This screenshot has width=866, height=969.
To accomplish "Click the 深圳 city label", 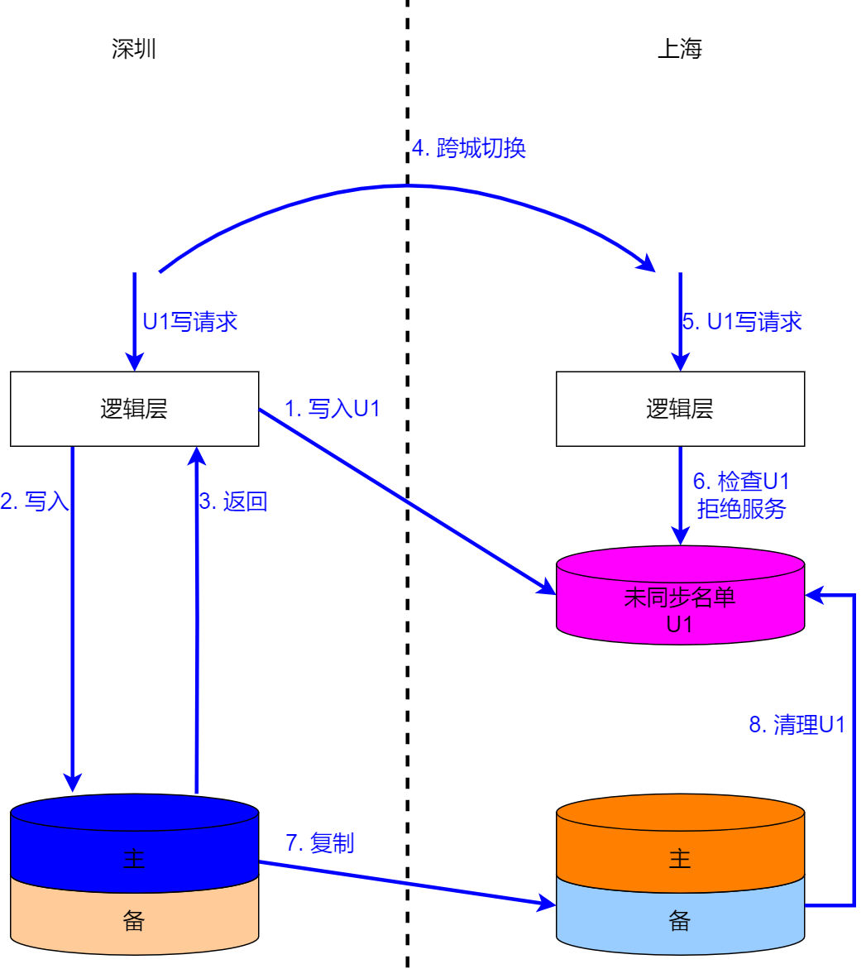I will click(x=134, y=50).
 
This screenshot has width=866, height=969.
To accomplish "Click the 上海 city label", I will click(x=679, y=50).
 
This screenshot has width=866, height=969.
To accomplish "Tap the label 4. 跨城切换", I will click(x=469, y=148).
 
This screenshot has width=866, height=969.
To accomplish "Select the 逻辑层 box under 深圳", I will click(x=134, y=409).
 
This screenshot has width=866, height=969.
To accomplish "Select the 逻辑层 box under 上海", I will click(x=679, y=409).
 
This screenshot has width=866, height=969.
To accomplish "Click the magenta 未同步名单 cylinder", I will click(x=679, y=600).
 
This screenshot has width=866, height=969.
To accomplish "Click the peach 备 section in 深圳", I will click(x=134, y=920).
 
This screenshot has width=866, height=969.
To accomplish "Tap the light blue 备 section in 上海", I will click(x=679, y=920).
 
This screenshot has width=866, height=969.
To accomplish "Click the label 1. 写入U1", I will click(x=332, y=408).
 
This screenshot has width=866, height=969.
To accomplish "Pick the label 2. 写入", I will click(x=35, y=501).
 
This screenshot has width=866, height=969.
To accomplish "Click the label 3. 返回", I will click(x=233, y=501).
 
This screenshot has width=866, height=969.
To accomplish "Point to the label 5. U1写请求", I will click(x=742, y=322).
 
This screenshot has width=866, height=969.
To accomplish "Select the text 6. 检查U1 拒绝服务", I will click(x=741, y=495).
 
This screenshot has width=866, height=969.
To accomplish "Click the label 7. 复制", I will click(x=319, y=843).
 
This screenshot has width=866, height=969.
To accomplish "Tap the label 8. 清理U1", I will click(x=797, y=725).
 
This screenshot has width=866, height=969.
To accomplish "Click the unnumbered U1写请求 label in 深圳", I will click(x=190, y=322).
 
